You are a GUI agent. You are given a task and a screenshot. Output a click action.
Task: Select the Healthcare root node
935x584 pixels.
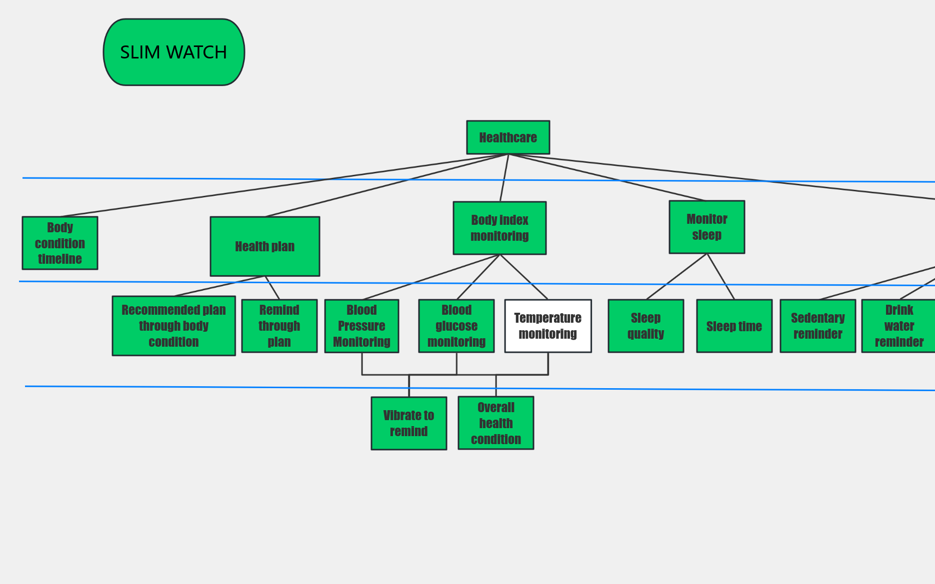508,137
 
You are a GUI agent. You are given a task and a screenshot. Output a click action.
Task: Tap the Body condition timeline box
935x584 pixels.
60,243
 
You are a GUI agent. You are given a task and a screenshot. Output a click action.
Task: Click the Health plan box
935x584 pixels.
265,246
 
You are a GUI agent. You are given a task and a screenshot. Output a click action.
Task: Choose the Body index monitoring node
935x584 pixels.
499,228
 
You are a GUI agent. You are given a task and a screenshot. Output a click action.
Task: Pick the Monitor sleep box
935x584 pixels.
706,227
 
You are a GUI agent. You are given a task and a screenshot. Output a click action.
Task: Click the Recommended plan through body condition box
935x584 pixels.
173,326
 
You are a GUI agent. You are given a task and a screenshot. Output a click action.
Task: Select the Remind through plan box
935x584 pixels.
279,326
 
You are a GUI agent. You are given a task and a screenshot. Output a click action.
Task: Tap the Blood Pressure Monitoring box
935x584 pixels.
361,326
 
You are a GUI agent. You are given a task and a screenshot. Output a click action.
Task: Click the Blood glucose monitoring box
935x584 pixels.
456,326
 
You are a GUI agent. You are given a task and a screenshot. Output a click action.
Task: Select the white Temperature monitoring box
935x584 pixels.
548,326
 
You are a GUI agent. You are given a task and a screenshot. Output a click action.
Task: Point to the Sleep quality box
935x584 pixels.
645,326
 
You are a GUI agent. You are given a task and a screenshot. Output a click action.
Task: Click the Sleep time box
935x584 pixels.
734,326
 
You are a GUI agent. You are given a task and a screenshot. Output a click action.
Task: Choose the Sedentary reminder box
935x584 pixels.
817,326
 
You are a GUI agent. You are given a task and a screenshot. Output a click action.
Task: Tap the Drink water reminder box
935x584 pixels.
898,326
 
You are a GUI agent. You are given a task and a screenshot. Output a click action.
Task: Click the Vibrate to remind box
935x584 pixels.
408,423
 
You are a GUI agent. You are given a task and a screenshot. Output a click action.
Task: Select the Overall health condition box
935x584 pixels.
495,423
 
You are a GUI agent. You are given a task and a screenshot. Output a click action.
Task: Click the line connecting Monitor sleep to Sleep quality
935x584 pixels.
676,277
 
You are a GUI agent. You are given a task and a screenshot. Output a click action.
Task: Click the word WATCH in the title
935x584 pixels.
196,52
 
